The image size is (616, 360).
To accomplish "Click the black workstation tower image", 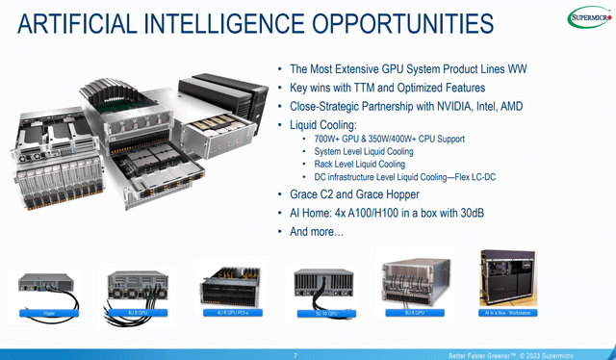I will pos(507,280).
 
